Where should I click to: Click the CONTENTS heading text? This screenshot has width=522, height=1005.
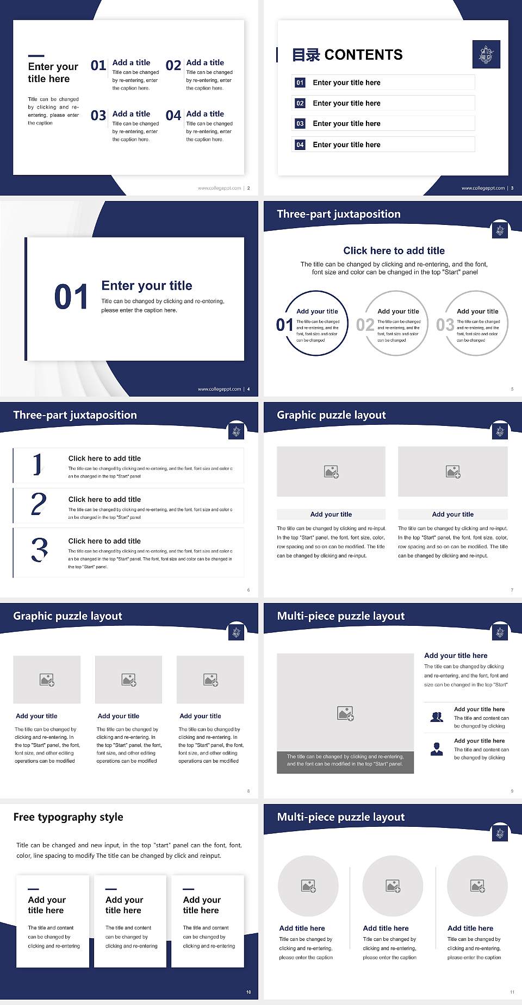tap(363, 55)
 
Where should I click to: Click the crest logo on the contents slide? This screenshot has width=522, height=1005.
tap(486, 54)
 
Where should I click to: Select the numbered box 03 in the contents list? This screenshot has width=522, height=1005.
tap(300, 124)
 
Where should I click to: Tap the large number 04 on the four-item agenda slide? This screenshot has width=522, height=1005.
tap(173, 116)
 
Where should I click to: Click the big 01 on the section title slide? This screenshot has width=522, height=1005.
tap(71, 297)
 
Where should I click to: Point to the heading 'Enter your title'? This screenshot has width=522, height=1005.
tap(147, 286)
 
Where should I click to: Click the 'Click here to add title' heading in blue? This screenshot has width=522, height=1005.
tap(394, 250)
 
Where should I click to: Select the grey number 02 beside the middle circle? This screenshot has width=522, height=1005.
tap(365, 325)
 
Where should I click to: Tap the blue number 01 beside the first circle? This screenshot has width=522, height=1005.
tap(284, 325)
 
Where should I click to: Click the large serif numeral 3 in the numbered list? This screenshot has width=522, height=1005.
tap(39, 550)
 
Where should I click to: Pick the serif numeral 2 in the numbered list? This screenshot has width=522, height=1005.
tap(39, 504)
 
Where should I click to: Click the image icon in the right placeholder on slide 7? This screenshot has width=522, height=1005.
tap(453, 472)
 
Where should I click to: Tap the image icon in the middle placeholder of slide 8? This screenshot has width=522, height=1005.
tap(129, 680)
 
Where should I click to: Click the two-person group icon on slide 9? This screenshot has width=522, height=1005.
tap(437, 717)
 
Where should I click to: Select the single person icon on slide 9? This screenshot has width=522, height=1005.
tap(437, 749)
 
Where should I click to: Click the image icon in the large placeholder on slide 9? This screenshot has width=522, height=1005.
tap(345, 713)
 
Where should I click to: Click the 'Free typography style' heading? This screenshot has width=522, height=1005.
tap(68, 817)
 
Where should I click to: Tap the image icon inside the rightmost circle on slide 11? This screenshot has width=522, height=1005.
tap(477, 886)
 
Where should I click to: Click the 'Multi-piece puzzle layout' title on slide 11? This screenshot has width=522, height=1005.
tap(341, 817)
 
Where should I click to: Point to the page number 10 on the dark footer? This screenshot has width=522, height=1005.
tap(248, 992)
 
